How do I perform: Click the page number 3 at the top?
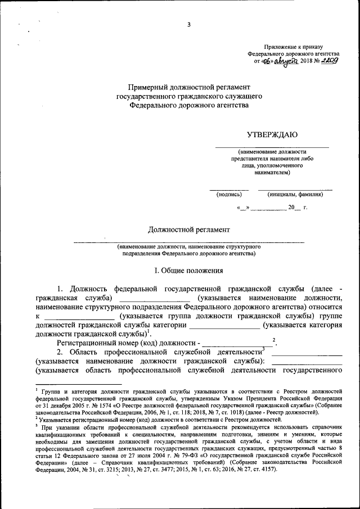coord(189,24)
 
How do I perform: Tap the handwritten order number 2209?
coord(327,60)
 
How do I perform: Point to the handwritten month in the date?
coord(286,60)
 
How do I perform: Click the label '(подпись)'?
coord(229,195)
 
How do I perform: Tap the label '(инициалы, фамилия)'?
coord(295,195)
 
